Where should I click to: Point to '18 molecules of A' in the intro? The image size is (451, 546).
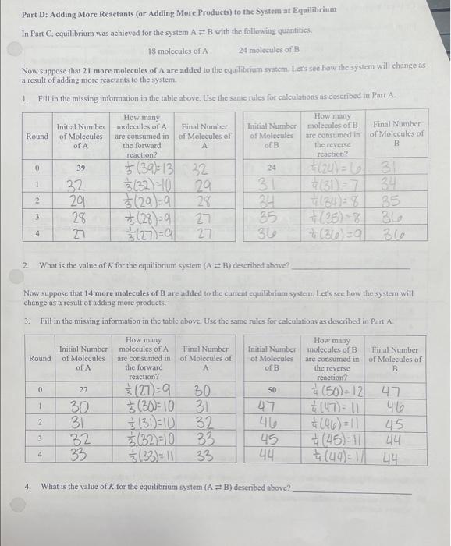178,51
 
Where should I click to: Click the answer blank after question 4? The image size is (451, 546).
350,488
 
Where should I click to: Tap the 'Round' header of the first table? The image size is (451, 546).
37,136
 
